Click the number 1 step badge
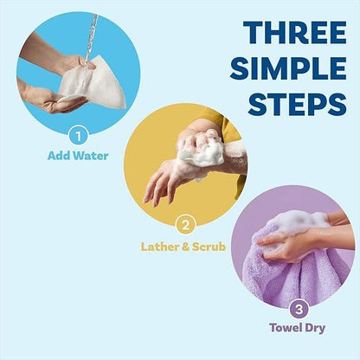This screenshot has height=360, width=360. [x=79, y=135]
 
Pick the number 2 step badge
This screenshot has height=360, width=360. [x=183, y=226]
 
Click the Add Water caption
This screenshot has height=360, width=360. [x=79, y=157]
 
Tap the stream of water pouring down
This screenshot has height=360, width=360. [x=91, y=35]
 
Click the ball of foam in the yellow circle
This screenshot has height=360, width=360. [x=201, y=149]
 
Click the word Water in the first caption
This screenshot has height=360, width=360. [x=94, y=157]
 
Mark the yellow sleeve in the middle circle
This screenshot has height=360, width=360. [x=227, y=130]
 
